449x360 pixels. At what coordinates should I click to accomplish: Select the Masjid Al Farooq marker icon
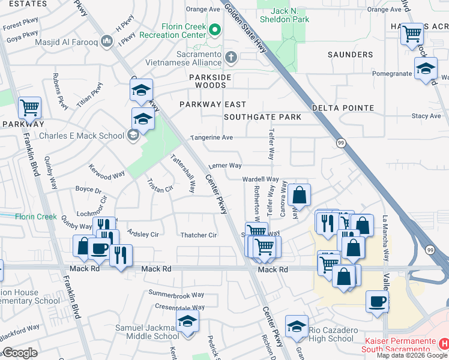click(x=107, y=41)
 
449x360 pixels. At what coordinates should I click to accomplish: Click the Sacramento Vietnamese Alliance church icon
click(x=231, y=58)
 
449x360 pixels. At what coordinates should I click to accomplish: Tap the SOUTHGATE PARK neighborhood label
click(x=262, y=117)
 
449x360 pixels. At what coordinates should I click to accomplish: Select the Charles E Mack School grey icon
click(x=132, y=135)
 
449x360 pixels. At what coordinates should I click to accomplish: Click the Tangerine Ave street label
click(x=211, y=137)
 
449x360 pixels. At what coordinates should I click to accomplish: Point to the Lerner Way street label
click(x=225, y=166)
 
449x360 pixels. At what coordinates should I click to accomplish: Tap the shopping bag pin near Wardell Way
click(x=298, y=196)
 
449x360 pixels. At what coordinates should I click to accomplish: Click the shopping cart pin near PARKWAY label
click(x=29, y=109)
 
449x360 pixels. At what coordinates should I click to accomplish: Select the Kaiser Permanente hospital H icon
click(x=444, y=344)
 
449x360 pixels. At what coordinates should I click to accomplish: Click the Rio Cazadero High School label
click(x=331, y=334)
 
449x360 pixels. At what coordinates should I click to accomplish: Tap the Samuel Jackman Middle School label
click(x=147, y=332)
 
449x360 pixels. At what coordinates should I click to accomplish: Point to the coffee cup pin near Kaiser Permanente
click(x=378, y=302)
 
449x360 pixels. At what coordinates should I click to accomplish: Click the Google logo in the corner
click(x=19, y=353)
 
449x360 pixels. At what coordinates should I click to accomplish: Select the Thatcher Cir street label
click(x=199, y=235)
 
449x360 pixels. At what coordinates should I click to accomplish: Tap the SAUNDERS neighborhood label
click(x=351, y=55)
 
